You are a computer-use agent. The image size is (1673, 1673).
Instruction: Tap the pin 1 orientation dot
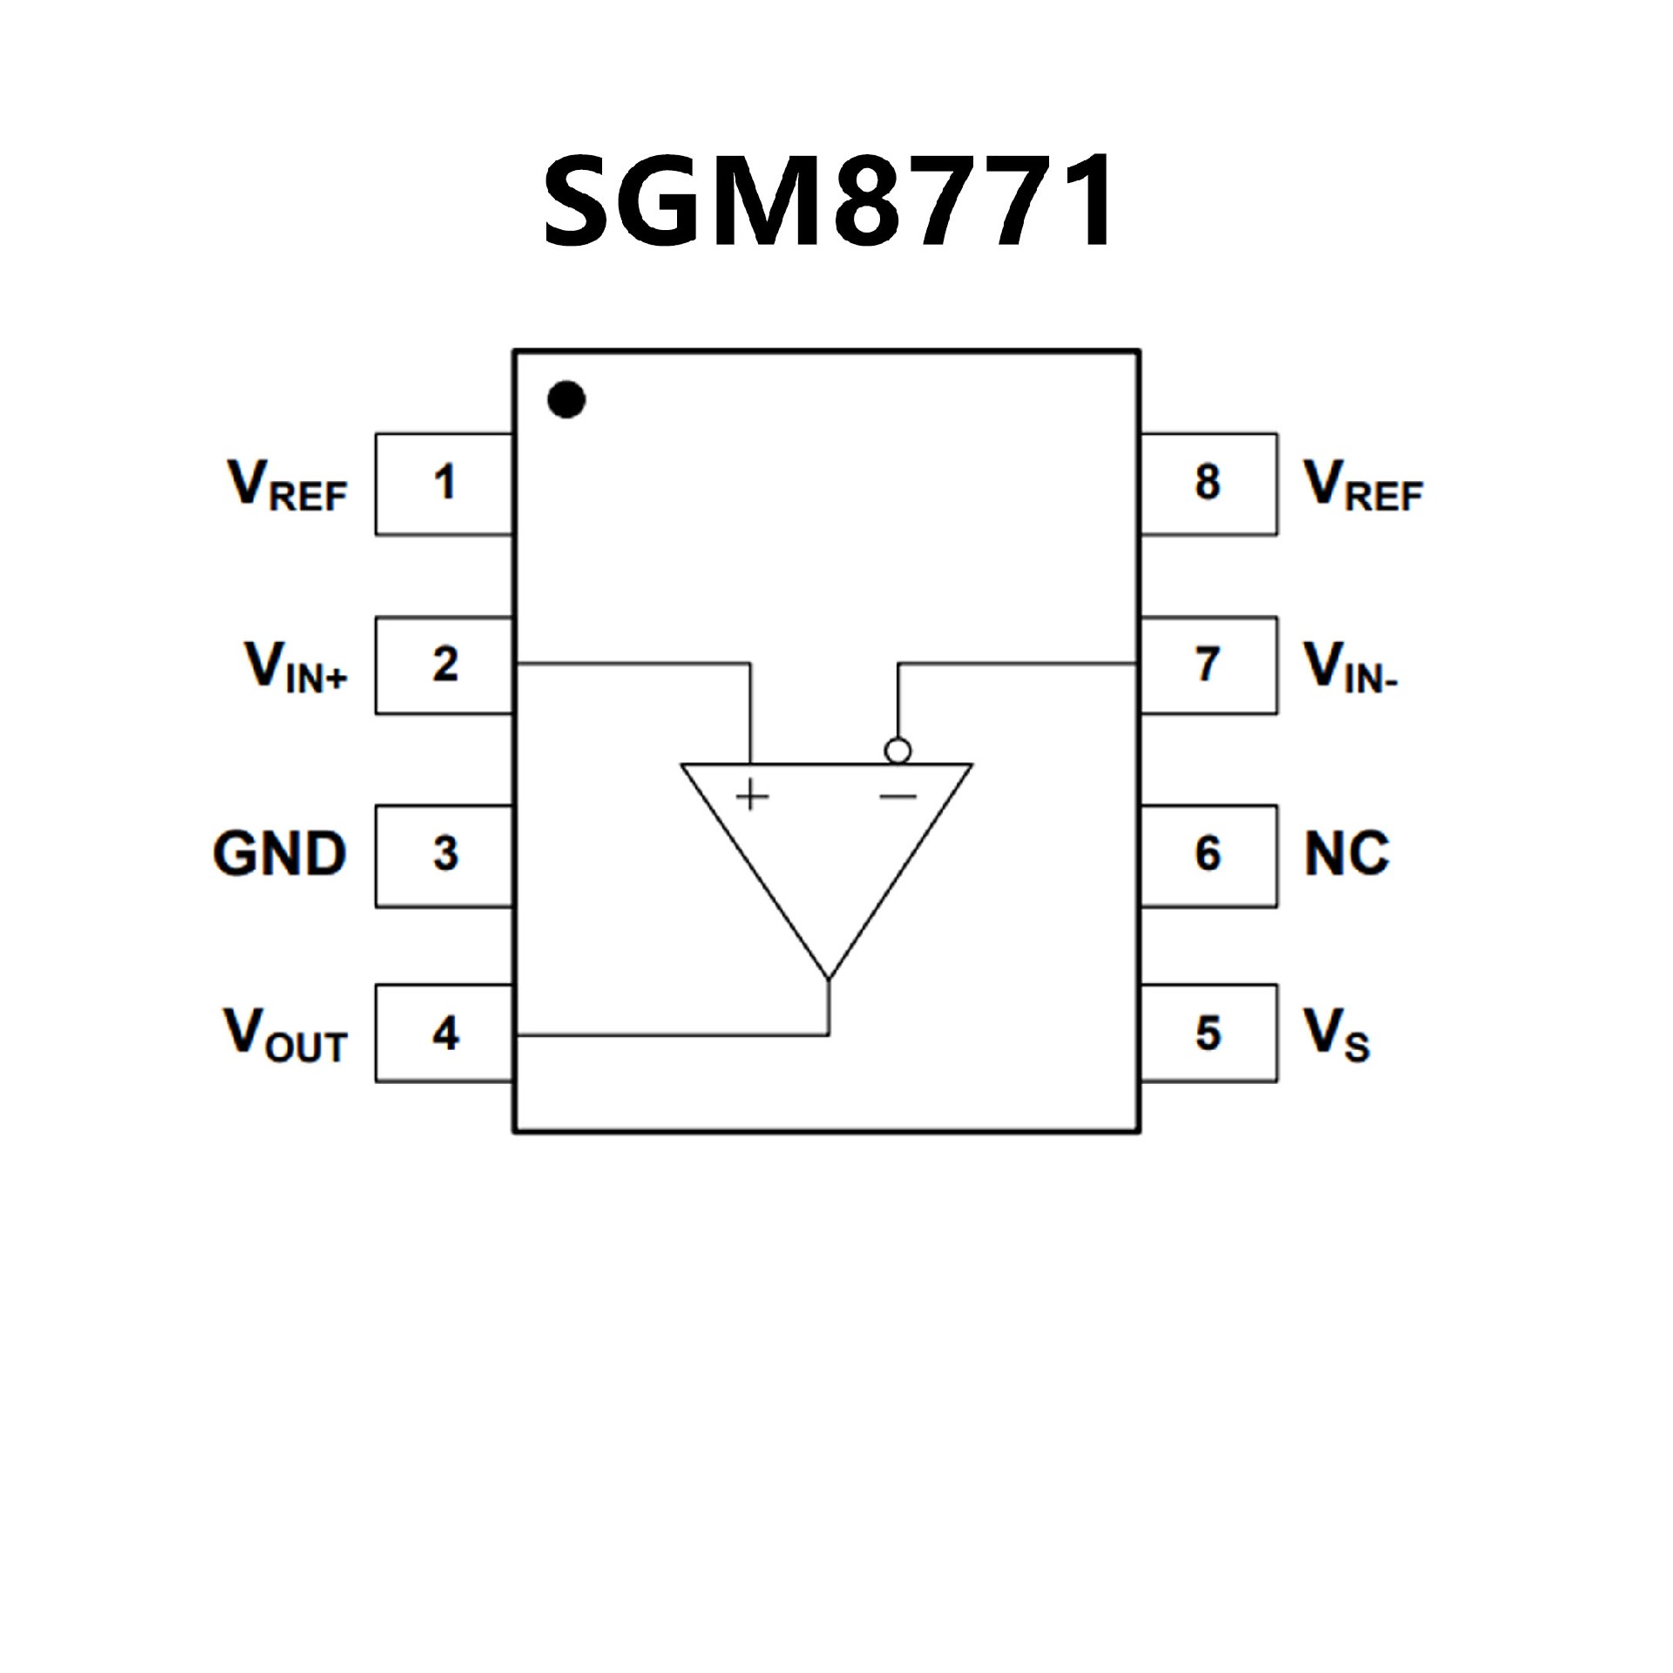pos(566,400)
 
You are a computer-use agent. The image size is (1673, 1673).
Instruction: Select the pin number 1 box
pos(444,484)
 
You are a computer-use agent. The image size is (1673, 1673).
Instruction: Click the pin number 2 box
pos(444,666)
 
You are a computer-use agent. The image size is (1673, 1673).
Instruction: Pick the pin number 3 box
pos(444,855)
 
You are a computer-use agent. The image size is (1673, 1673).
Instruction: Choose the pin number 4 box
pos(444,1034)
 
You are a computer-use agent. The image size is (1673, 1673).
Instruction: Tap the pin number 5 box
pos(1209,1034)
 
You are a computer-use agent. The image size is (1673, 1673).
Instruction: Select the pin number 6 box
pos(1209,855)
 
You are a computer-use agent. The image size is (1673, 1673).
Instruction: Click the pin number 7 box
pos(1209,666)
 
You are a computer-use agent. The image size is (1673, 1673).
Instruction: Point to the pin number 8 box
pos(1209,484)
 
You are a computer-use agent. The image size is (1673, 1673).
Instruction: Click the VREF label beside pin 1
pos(288,485)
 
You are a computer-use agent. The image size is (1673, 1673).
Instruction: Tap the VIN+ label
pos(296,667)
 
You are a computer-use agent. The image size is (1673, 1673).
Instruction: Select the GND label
pos(280,854)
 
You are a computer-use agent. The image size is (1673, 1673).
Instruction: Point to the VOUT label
pos(286,1036)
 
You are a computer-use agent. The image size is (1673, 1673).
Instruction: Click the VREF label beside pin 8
pos(1363,485)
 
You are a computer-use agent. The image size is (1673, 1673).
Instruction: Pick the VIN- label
pos(1351,667)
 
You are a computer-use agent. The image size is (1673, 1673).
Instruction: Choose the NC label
pos(1346,854)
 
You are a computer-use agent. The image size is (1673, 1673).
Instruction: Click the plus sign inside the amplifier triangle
pos(752,796)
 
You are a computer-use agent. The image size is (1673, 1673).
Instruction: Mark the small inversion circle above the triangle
pos(897,750)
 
